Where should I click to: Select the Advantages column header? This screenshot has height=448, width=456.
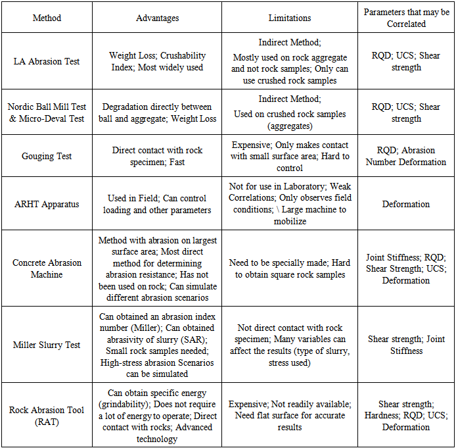(157, 18)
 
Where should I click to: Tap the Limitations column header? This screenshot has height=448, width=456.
(290, 18)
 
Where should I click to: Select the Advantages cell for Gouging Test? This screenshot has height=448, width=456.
(157, 156)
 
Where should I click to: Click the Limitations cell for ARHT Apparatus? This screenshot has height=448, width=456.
(290, 204)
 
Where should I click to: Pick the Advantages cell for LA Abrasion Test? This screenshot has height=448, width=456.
(157, 61)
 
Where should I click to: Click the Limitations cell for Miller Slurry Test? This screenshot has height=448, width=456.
(290, 345)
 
